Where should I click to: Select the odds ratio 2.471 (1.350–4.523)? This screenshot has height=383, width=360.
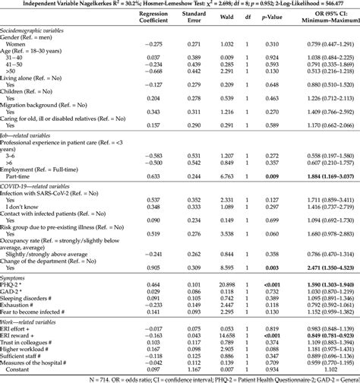click(x=323, y=247)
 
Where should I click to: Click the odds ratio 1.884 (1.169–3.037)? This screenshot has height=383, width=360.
click(x=323, y=154)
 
